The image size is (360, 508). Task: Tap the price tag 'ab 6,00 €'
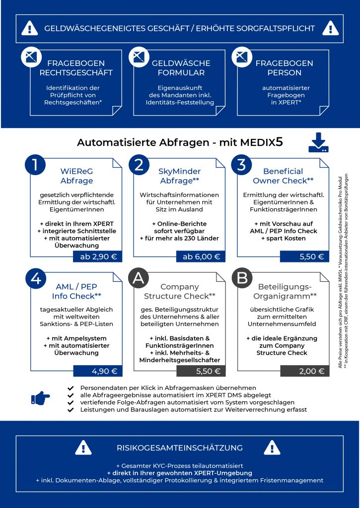click(200, 256)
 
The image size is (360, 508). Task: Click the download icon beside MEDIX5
click(318, 143)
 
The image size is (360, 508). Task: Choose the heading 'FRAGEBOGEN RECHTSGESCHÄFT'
click(76, 68)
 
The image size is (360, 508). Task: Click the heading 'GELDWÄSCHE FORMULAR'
click(181, 68)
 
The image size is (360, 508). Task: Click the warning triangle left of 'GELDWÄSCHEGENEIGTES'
click(30, 28)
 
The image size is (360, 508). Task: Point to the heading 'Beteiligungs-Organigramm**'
click(286, 291)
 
